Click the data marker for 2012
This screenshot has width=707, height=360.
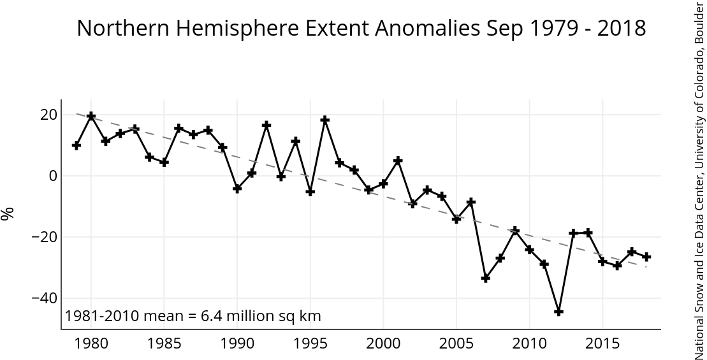[558, 312]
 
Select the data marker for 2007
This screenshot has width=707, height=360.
[486, 278]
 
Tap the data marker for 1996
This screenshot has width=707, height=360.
[324, 120]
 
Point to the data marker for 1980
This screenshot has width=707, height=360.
[91, 116]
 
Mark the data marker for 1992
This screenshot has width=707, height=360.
[266, 125]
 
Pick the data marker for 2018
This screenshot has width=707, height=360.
[646, 257]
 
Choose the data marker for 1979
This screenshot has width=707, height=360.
[77, 145]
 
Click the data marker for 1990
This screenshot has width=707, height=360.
[237, 189]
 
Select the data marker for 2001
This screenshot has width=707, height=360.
[398, 161]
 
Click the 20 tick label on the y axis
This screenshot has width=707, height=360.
[49, 115]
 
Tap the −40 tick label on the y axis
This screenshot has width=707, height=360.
[45, 298]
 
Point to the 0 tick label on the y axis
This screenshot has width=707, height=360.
[53, 176]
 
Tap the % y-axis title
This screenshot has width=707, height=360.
[8, 214]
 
